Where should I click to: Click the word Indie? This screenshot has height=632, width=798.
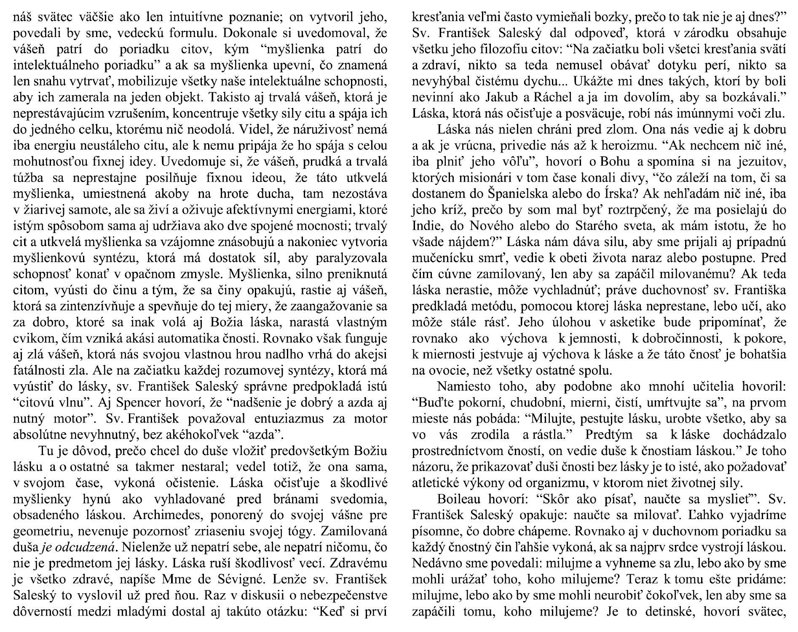425,225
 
